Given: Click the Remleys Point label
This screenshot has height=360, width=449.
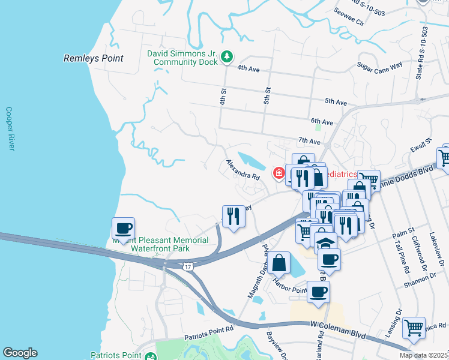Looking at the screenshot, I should point(93,59).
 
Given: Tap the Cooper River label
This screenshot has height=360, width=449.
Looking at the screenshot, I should point(9,129).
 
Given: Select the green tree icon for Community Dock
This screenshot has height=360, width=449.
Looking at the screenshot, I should point(227,57).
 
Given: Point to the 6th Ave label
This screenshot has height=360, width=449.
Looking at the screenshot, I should point(322,121).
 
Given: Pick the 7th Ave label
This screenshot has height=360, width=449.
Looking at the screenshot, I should point(309,141).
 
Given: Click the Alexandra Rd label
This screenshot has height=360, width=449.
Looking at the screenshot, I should point(243,170).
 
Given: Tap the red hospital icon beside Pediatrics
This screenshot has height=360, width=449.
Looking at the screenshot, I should point(279,173).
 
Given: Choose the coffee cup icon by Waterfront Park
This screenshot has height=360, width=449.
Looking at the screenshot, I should point(124,229).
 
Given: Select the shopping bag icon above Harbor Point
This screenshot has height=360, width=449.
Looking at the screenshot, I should point(280,262).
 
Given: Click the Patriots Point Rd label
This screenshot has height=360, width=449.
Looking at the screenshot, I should point(209,331).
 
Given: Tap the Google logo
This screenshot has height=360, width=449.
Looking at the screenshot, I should point(20,353).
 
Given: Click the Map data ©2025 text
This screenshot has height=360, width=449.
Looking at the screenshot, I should point(424,355).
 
